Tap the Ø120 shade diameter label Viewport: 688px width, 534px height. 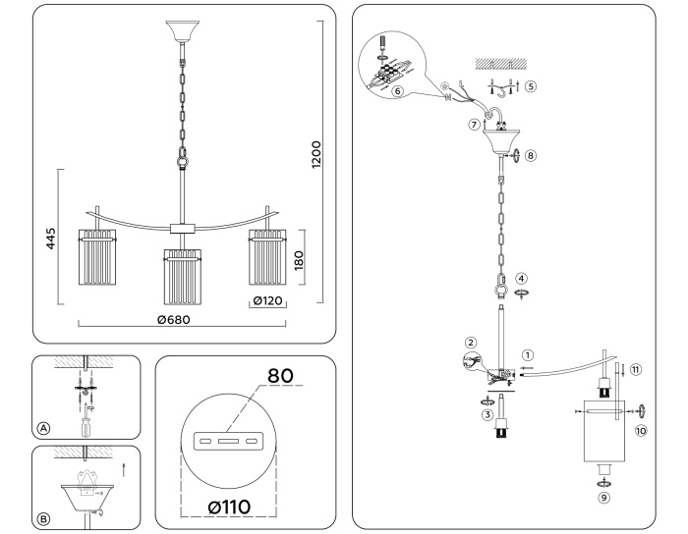coord(267,300)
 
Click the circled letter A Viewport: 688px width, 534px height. coord(43,429)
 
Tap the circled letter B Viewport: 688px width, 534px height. coord(43,517)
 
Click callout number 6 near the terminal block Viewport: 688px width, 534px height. coord(397,90)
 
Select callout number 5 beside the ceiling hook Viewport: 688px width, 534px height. coord(531,85)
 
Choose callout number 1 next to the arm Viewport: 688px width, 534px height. coord(528,354)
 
